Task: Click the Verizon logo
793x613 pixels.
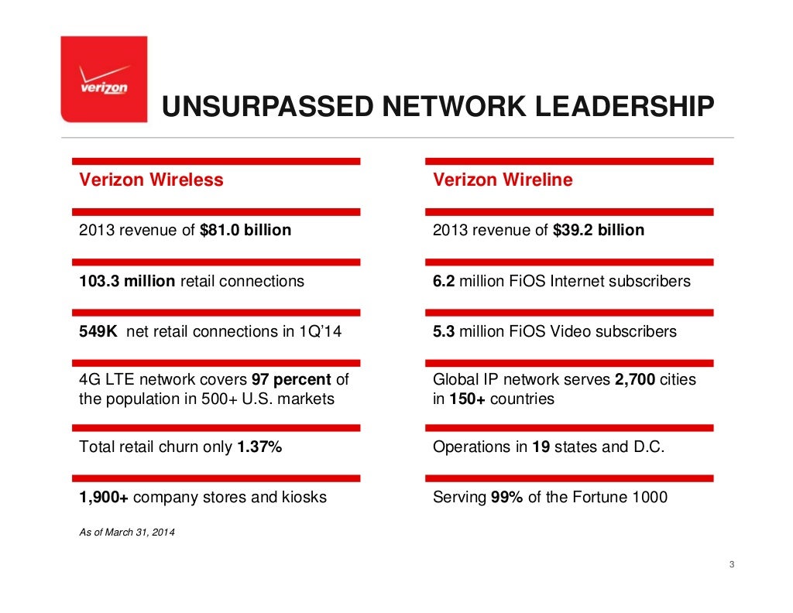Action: pos(104,80)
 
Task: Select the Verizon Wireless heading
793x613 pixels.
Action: pos(151,180)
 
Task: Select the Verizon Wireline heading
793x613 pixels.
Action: pos(503,180)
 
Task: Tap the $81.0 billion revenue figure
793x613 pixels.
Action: pos(245,230)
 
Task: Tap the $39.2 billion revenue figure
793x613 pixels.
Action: pos(599,230)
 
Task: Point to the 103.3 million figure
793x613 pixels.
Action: pos(127,281)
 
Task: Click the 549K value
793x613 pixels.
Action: pos(98,331)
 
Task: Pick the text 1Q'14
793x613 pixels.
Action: pos(321,331)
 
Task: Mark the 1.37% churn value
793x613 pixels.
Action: pos(259,447)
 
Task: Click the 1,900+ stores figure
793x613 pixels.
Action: pos(104,498)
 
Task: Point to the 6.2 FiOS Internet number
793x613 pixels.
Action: pos(444,281)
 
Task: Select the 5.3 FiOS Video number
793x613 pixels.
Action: pos(444,331)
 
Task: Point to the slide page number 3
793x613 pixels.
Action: pos(731,564)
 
